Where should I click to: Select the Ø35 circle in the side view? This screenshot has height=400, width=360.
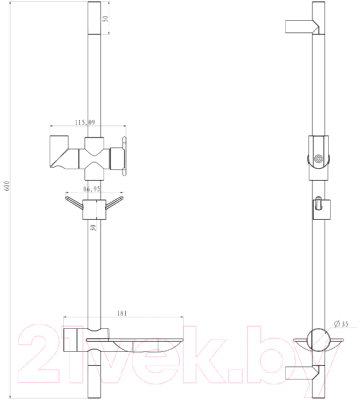(319, 342)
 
